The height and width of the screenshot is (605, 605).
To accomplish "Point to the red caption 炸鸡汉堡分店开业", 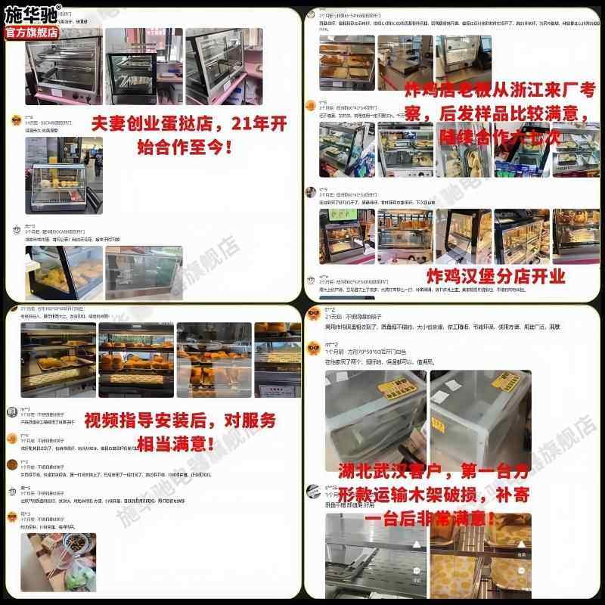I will [496, 276].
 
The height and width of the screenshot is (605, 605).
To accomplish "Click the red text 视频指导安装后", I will [179, 420].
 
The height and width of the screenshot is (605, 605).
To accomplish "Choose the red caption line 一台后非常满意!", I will [431, 519].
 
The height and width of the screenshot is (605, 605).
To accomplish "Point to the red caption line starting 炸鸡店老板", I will [499, 88].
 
